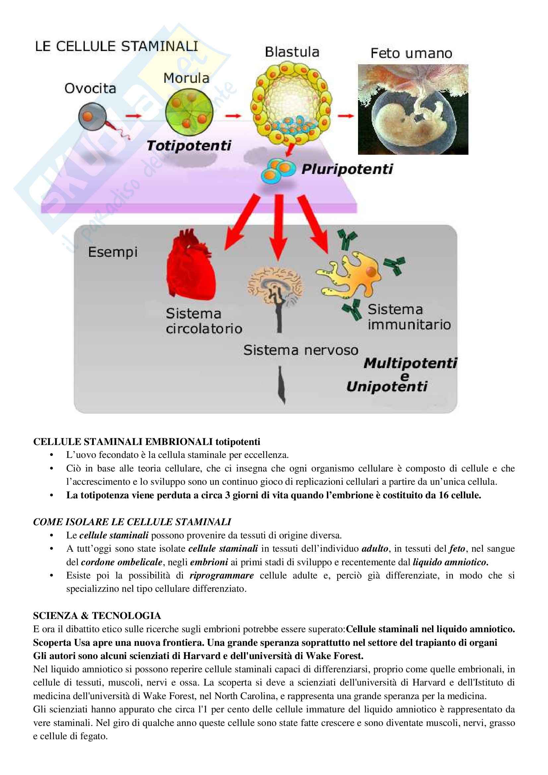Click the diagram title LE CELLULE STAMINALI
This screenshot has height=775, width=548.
(116, 47)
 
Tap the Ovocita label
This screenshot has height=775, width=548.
(90, 88)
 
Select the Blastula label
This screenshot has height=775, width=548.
(292, 52)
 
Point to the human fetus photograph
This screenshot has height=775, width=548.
(413, 109)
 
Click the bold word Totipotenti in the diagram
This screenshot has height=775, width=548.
(189, 146)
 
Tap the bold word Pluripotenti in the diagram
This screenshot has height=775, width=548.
(347, 169)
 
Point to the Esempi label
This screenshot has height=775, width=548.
(113, 252)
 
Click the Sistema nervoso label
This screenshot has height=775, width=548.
(300, 350)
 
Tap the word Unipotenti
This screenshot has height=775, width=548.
(387, 386)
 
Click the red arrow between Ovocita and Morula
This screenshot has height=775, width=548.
(134, 116)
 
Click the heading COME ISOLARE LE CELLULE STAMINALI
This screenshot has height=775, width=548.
(132, 522)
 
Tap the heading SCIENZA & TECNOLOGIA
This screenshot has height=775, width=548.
(97, 616)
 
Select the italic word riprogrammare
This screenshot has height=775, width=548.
(221, 575)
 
